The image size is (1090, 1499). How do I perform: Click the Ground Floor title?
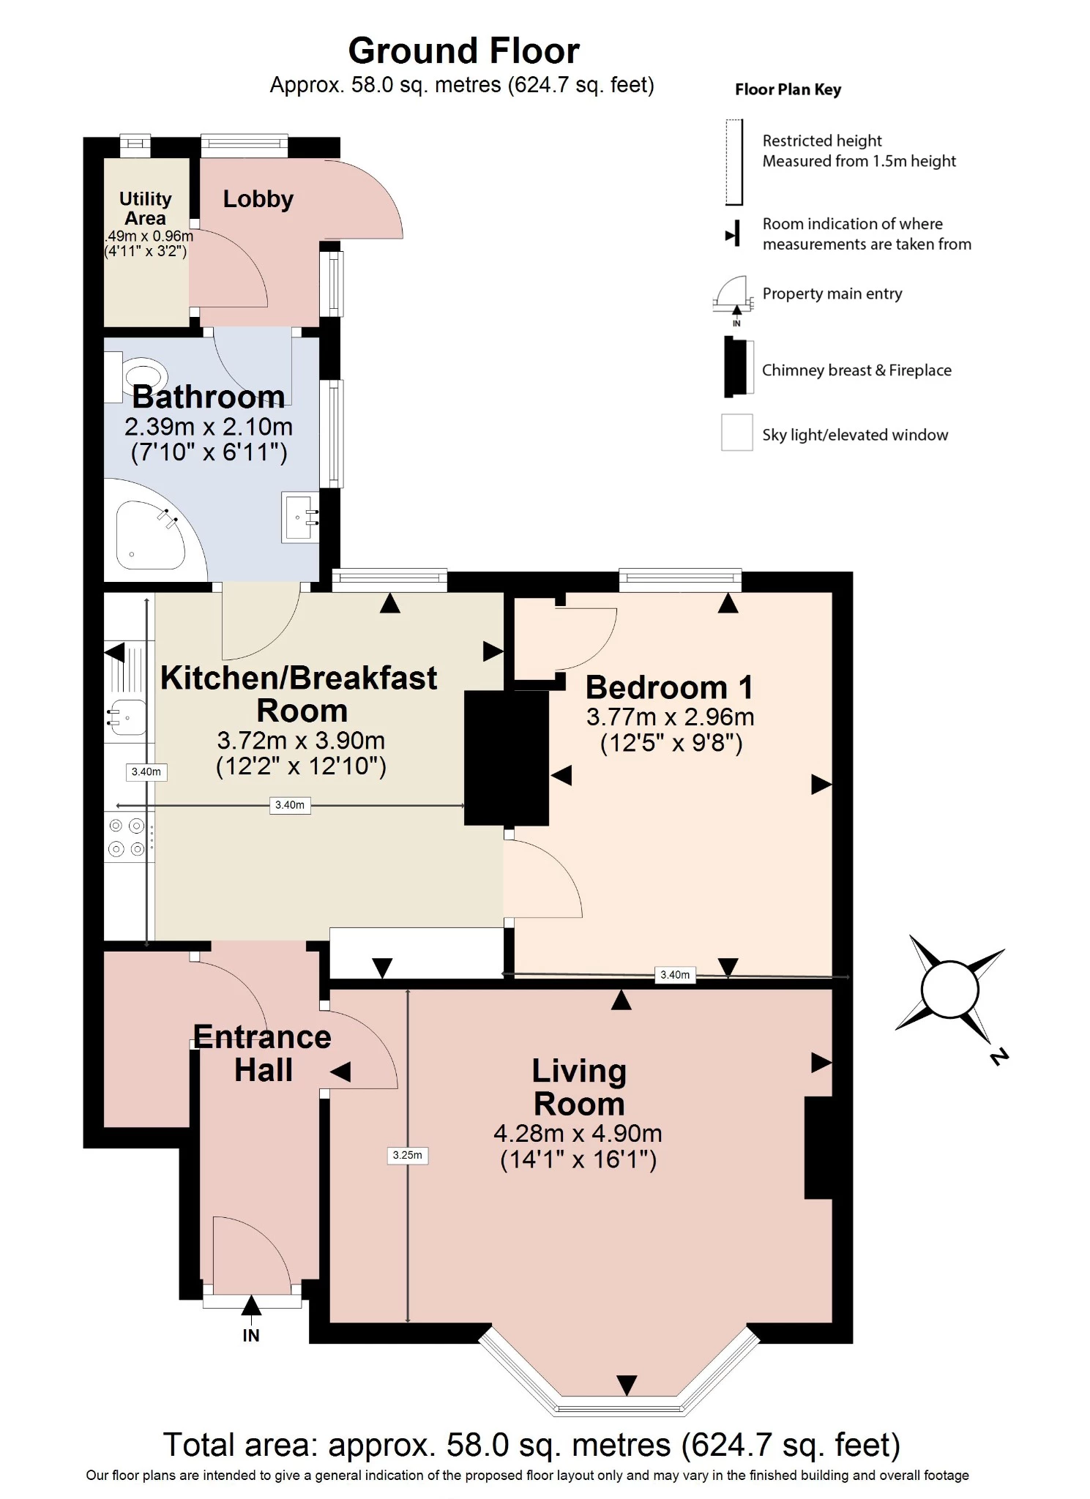[x=463, y=51]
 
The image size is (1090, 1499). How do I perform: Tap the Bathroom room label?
[x=208, y=397]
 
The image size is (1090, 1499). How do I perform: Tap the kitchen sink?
[x=127, y=717]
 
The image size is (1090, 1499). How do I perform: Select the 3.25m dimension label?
[x=407, y=1155]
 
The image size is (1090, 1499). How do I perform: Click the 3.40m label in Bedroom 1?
[x=674, y=974]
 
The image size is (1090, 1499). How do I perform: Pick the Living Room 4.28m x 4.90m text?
[x=578, y=1134]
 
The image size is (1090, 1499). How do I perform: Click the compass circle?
[x=949, y=990]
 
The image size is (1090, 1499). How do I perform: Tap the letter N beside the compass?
[x=999, y=1056]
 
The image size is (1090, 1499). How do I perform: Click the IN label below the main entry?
[x=251, y=1335]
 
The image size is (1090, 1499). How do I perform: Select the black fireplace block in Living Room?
[x=818, y=1147]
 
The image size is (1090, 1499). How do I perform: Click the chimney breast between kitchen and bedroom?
[x=507, y=758]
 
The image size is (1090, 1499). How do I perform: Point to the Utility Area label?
[x=145, y=208]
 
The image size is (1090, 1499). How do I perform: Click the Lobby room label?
[x=258, y=198]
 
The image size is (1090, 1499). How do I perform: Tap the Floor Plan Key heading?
[x=788, y=89]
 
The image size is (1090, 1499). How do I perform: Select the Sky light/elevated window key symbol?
[x=736, y=432]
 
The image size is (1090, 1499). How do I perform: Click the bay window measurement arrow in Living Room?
[x=627, y=1385]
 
